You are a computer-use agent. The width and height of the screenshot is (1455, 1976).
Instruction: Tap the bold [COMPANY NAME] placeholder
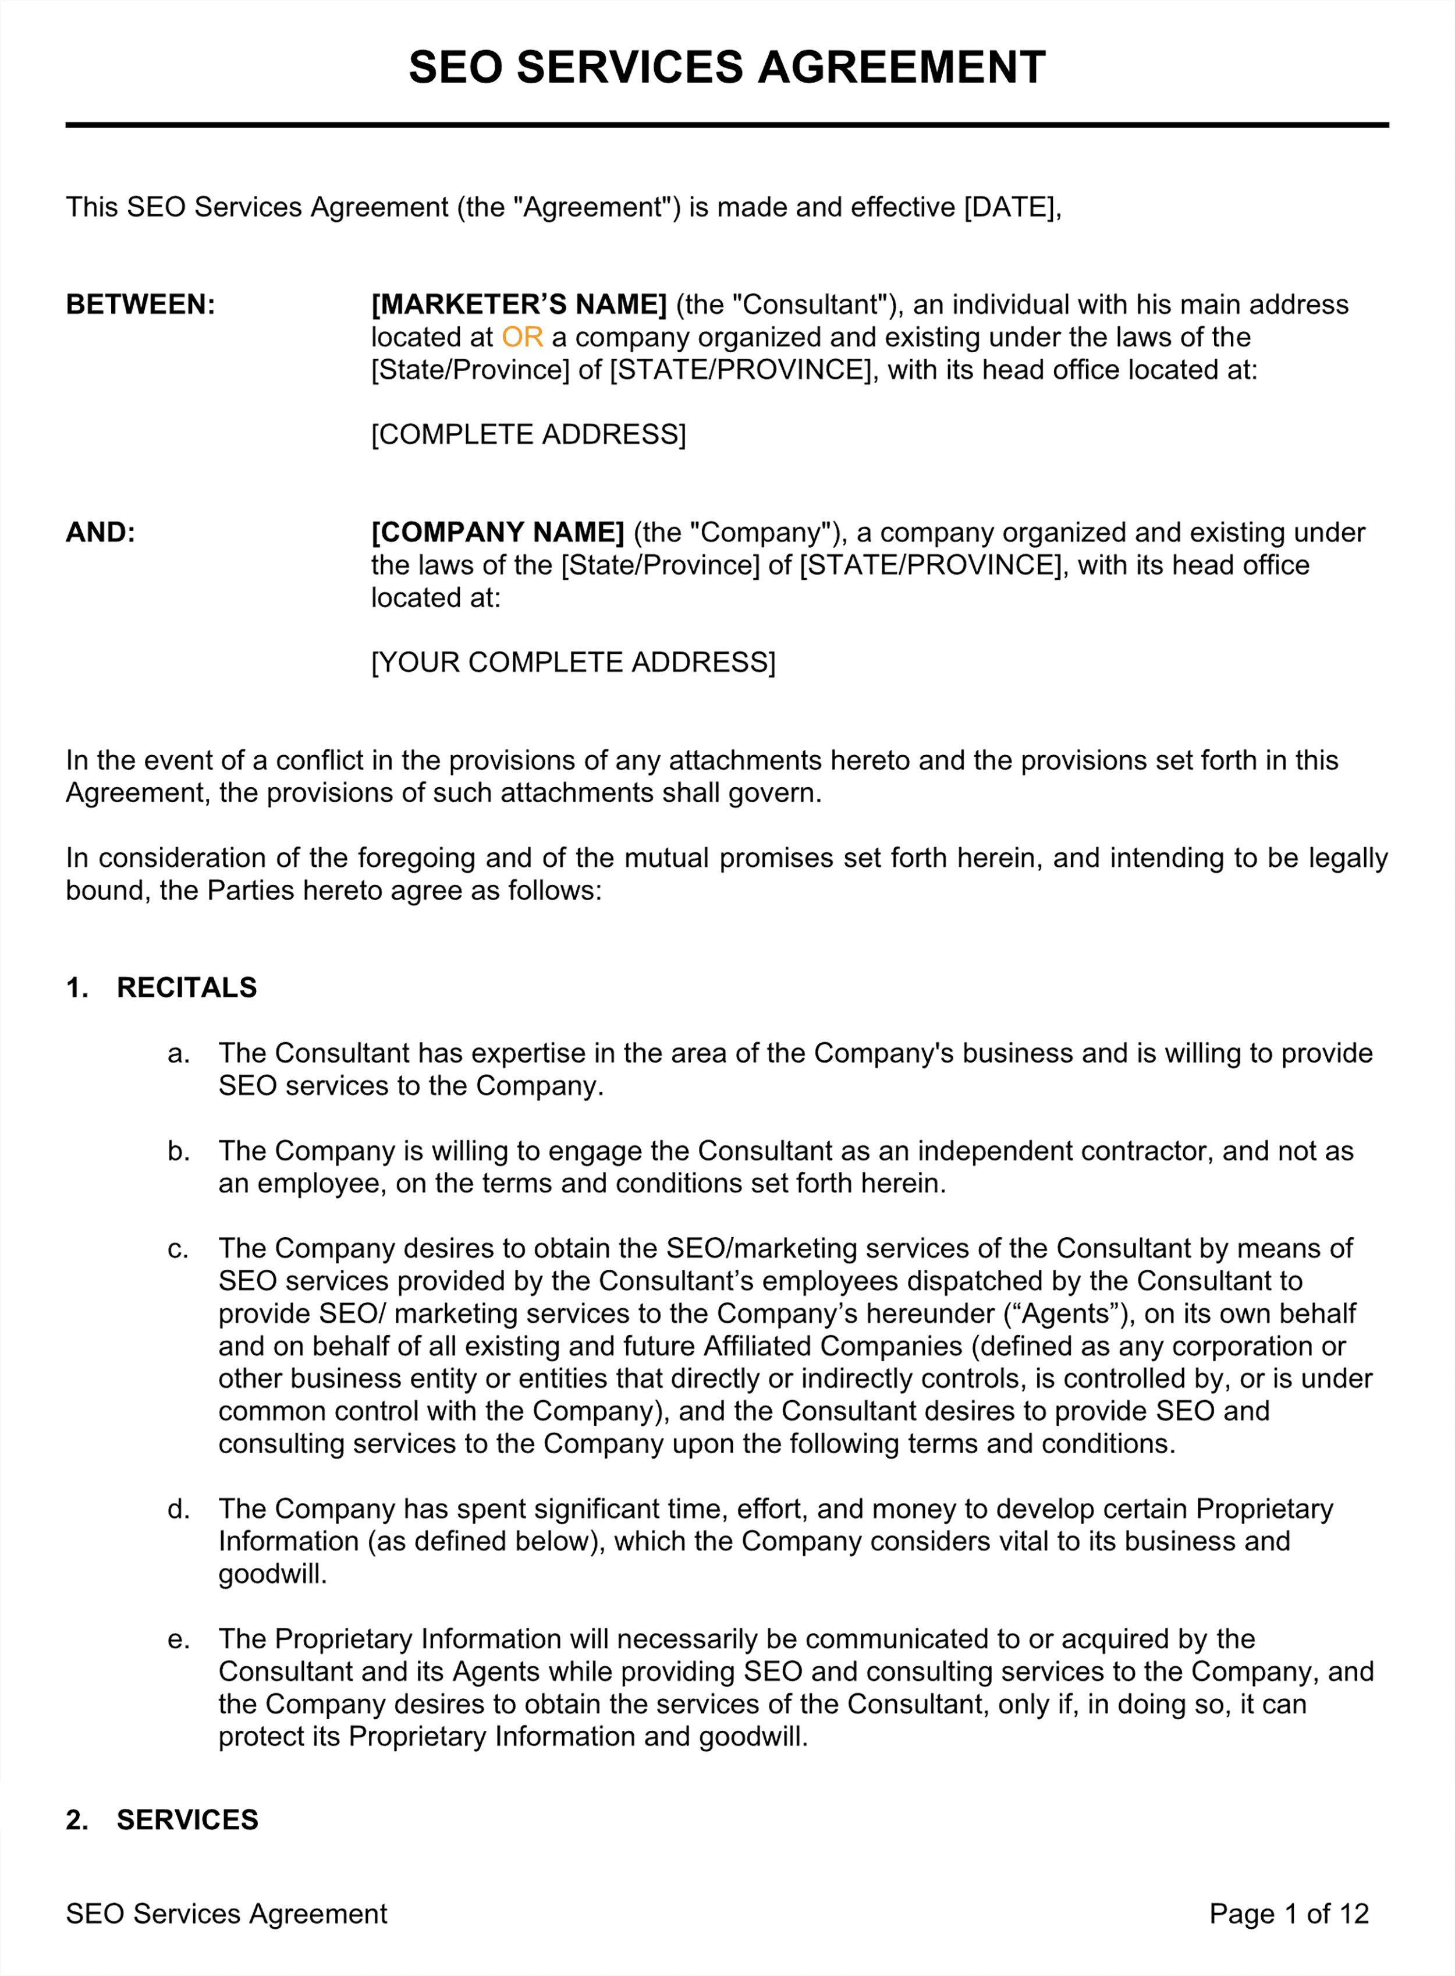(x=498, y=532)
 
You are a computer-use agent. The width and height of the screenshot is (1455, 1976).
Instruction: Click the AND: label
(x=101, y=532)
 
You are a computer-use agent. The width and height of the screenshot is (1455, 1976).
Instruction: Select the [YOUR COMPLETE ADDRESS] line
(x=573, y=663)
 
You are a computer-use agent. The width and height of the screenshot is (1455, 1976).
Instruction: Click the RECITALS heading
(x=187, y=987)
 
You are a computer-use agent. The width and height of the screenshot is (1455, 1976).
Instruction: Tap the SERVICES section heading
(x=187, y=1820)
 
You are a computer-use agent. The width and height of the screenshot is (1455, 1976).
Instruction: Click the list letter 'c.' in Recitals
(x=178, y=1248)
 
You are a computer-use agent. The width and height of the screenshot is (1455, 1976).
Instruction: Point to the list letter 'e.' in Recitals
(x=178, y=1639)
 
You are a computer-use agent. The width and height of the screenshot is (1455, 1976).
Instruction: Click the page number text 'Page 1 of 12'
(x=1289, y=1914)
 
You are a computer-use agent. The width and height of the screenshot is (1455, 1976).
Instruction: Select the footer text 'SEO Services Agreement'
(x=226, y=1914)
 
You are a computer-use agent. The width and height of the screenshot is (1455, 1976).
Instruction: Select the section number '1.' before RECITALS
(x=77, y=987)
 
